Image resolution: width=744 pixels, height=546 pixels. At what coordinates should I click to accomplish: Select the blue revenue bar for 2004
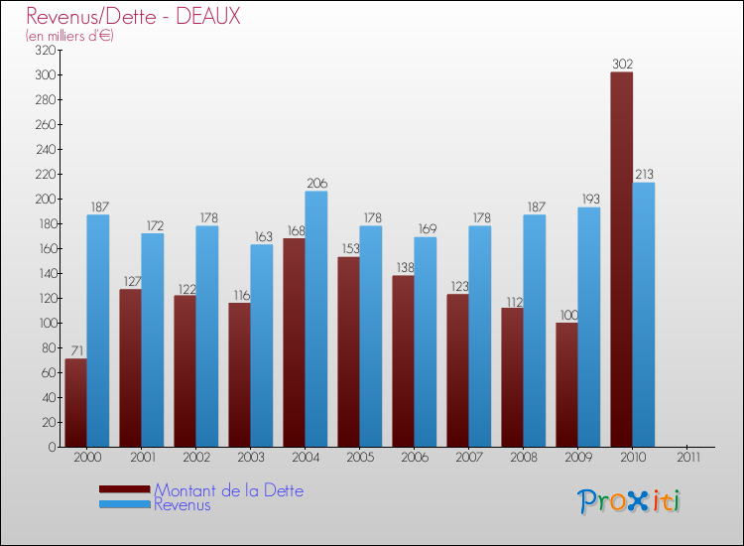(315, 319)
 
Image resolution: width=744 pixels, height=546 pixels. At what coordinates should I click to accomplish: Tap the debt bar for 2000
(75, 402)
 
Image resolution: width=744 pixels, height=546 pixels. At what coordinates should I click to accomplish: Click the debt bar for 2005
(348, 351)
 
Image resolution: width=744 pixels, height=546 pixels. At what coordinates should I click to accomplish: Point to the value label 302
(622, 65)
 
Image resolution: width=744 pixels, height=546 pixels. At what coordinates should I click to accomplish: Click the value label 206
(316, 184)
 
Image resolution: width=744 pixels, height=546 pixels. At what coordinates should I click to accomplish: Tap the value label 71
(75, 350)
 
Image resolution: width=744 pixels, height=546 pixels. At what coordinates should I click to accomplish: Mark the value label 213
(644, 175)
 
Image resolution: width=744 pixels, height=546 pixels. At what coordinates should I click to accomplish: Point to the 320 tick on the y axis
(45, 50)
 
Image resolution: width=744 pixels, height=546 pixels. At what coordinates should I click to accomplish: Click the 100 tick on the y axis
(45, 323)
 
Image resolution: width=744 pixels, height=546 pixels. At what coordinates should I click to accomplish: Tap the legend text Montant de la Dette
(228, 490)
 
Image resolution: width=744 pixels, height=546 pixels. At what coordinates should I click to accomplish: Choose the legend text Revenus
(183, 504)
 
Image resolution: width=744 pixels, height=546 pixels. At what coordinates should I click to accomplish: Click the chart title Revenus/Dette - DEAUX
(133, 17)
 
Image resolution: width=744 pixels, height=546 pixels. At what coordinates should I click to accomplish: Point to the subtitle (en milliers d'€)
(70, 36)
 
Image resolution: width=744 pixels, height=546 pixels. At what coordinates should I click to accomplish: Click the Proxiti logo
(629, 500)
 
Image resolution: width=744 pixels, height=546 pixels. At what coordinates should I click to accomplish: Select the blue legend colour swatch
(124, 504)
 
